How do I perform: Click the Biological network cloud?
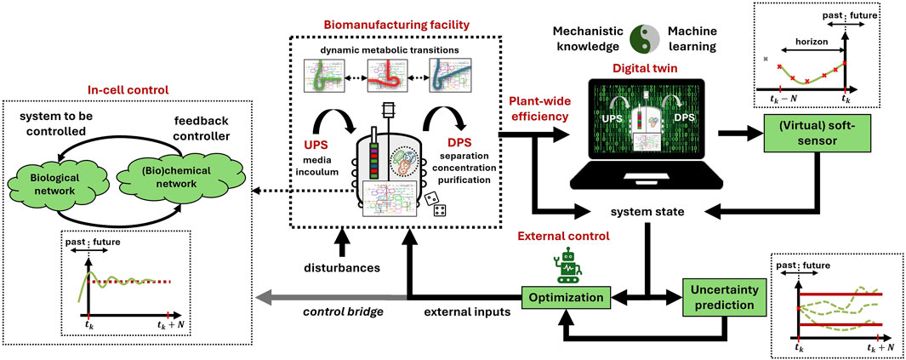[56, 186]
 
